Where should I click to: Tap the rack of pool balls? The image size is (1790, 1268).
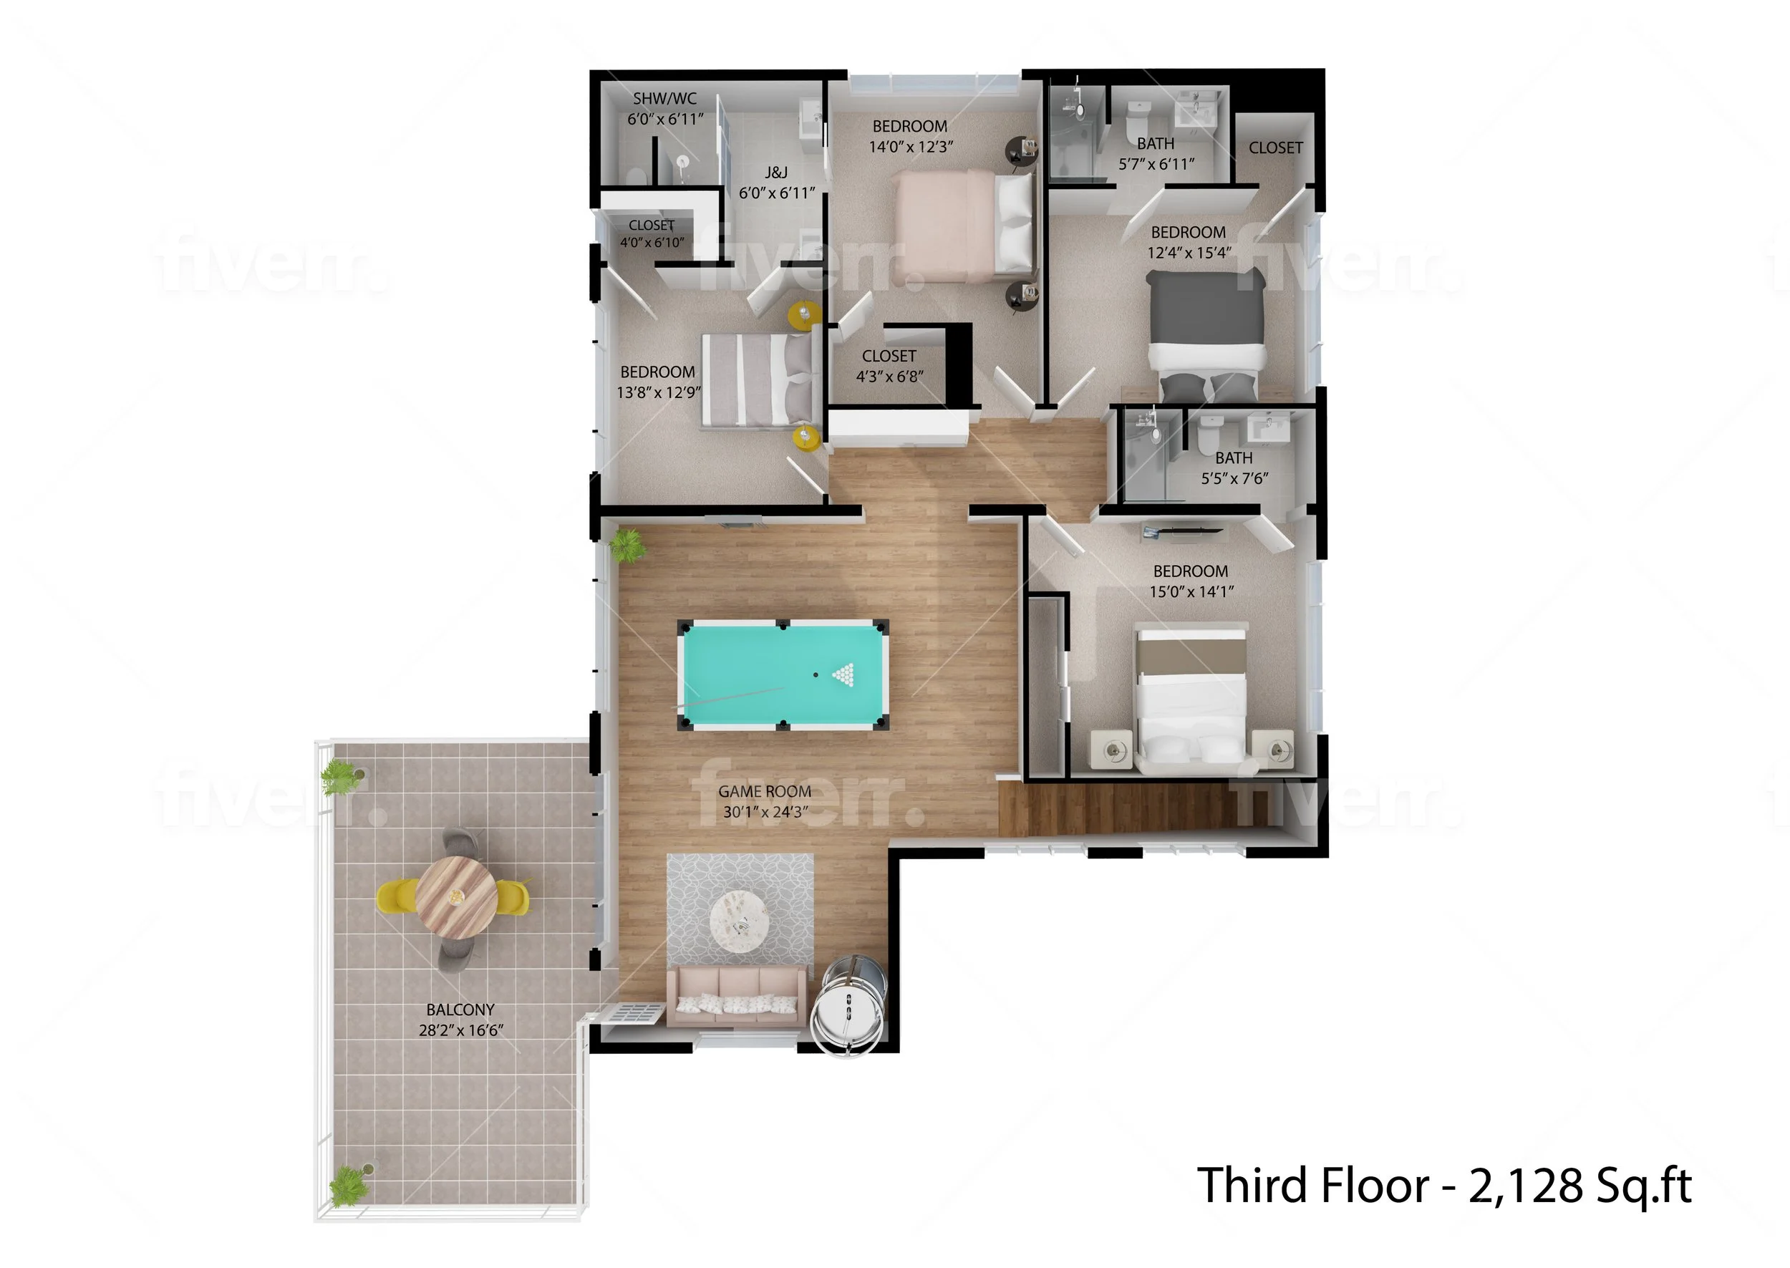tap(844, 673)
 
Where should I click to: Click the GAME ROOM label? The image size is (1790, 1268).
tap(764, 791)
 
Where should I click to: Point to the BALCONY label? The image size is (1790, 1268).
tap(460, 1009)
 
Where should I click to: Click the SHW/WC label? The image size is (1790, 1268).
tap(664, 98)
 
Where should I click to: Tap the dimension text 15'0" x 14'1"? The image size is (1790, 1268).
tap(1191, 592)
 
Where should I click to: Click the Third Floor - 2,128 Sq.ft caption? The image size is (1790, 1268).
tap(1443, 1185)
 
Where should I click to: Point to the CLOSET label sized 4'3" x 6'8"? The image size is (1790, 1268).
tap(889, 356)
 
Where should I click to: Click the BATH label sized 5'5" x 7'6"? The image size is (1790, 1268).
tap(1234, 458)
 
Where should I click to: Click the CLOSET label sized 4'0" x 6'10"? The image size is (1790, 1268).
tap(651, 226)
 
